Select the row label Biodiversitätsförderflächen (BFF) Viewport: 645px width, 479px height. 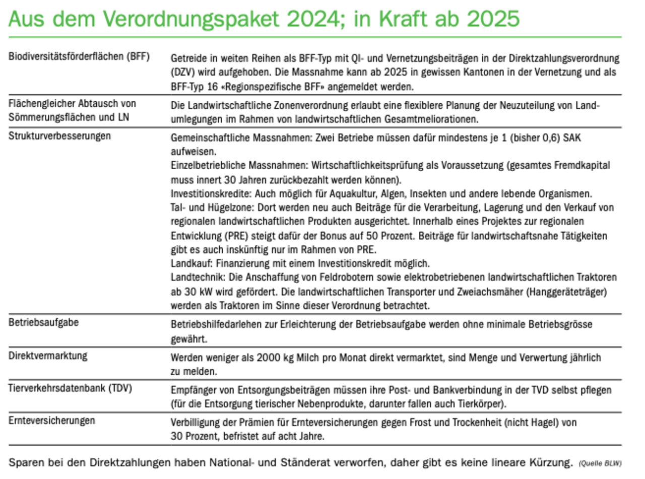click(x=79, y=56)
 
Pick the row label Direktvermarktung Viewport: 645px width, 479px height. click(x=48, y=356)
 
